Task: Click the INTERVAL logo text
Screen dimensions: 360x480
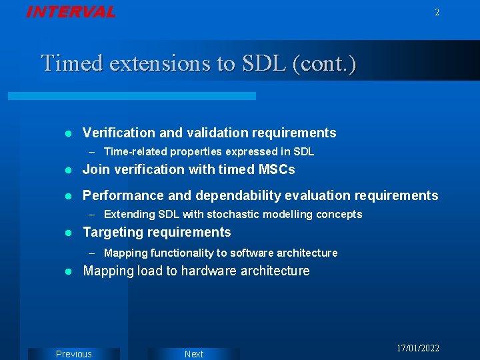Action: coord(70,12)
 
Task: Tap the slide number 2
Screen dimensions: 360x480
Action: coord(437,12)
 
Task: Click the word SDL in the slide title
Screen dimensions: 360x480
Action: coord(261,63)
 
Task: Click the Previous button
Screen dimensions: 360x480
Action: coord(73,354)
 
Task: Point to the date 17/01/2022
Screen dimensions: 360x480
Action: coord(418,349)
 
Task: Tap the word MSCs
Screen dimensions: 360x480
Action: coord(277,169)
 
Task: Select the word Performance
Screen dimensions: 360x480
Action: coord(123,195)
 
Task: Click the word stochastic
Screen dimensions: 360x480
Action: coord(233,214)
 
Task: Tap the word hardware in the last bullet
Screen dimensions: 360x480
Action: coord(205,271)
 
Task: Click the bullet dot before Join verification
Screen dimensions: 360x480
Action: coord(67,170)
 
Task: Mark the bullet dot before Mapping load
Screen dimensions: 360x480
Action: coord(67,271)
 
